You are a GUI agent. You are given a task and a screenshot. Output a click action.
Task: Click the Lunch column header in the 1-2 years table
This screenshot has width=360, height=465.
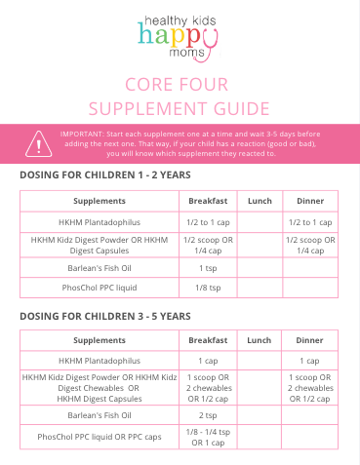click(260, 201)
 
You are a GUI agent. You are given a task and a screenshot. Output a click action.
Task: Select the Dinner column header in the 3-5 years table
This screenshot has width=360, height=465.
click(309, 340)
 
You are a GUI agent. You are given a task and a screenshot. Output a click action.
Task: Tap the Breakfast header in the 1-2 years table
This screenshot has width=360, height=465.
click(208, 201)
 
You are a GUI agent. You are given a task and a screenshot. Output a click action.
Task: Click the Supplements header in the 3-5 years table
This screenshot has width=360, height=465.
click(99, 340)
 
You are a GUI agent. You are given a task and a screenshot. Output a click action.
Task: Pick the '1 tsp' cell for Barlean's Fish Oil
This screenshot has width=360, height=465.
click(208, 266)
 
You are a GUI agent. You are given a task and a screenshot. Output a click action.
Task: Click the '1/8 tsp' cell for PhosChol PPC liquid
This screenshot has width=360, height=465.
click(208, 288)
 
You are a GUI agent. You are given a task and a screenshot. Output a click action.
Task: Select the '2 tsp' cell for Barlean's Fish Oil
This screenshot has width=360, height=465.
click(208, 414)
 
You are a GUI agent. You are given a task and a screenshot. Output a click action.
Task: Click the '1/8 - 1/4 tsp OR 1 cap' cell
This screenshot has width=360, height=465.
click(208, 437)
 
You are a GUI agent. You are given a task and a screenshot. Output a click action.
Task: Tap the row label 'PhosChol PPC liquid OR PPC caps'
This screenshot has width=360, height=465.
click(99, 437)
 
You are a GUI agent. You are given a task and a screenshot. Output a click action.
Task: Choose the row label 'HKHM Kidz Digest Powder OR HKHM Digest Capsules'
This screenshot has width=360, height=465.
click(99, 244)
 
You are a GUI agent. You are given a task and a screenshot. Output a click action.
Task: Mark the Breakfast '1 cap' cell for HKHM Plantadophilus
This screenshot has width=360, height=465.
click(208, 361)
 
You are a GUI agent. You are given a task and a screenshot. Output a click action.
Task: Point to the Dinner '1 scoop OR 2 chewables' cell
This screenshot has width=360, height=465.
click(309, 387)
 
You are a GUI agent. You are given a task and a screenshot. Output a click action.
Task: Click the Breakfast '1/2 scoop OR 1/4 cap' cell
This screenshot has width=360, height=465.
click(208, 244)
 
